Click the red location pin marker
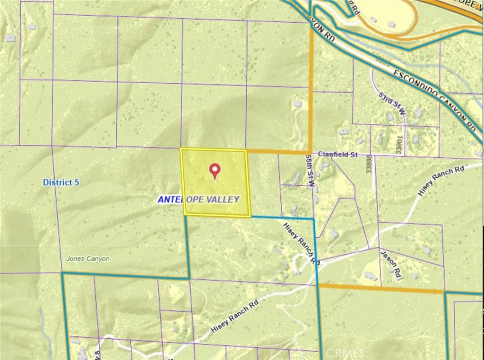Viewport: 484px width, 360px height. click(215, 171)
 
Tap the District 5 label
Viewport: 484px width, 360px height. click(61, 182)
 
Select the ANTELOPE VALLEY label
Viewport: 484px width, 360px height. click(199, 200)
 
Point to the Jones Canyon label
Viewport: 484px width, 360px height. click(88, 259)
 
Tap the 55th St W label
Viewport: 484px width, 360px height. click(310, 171)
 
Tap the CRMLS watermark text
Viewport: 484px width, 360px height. click(343, 352)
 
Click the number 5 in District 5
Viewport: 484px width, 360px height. click(77, 182)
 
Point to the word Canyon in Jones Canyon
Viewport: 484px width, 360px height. click(99, 259)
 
